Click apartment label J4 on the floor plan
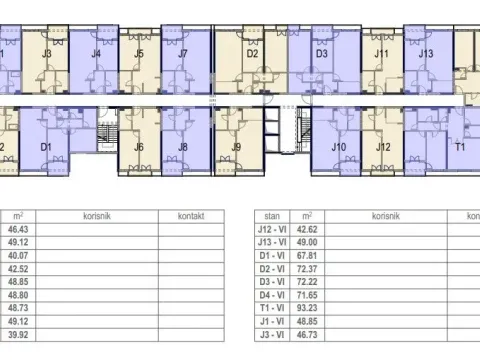tap(96, 54)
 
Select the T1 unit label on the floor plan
tap(461, 147)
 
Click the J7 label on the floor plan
tap(183, 54)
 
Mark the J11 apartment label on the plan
tap(381, 54)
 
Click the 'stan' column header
tap(271, 215)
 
